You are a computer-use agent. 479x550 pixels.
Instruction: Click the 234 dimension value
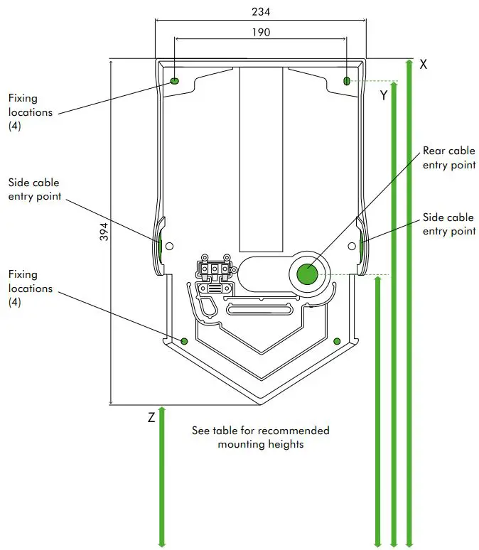[x=261, y=12]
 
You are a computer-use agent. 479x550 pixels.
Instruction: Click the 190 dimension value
[x=261, y=32]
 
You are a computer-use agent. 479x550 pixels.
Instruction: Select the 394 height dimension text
[x=104, y=232]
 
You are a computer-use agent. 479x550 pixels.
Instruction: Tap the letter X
[x=424, y=64]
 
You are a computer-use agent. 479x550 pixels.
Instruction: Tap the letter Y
[x=384, y=95]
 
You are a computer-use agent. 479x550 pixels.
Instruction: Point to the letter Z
[x=151, y=418]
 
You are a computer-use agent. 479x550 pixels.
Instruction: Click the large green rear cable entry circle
[x=307, y=274]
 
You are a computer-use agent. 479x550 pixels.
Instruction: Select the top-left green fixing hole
[x=175, y=81]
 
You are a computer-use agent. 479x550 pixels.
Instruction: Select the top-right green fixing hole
[x=347, y=81]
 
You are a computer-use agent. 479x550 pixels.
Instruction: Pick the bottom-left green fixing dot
[x=184, y=341]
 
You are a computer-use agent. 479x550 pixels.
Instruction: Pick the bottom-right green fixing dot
[x=337, y=341]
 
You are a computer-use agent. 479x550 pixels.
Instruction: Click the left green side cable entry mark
[x=161, y=246]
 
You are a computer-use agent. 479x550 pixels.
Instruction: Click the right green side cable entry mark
[x=362, y=246]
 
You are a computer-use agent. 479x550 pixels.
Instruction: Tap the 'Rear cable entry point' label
[x=448, y=158]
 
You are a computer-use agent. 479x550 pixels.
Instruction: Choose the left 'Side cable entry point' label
[x=34, y=190]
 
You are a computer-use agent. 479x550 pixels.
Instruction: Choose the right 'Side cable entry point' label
[x=448, y=225]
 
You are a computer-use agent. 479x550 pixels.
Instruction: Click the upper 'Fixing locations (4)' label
[x=30, y=112]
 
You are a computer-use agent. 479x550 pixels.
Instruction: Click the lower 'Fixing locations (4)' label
[x=30, y=289]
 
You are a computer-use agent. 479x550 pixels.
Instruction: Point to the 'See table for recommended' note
[x=261, y=431]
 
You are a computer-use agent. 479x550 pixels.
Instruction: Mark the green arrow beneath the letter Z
[x=162, y=476]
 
